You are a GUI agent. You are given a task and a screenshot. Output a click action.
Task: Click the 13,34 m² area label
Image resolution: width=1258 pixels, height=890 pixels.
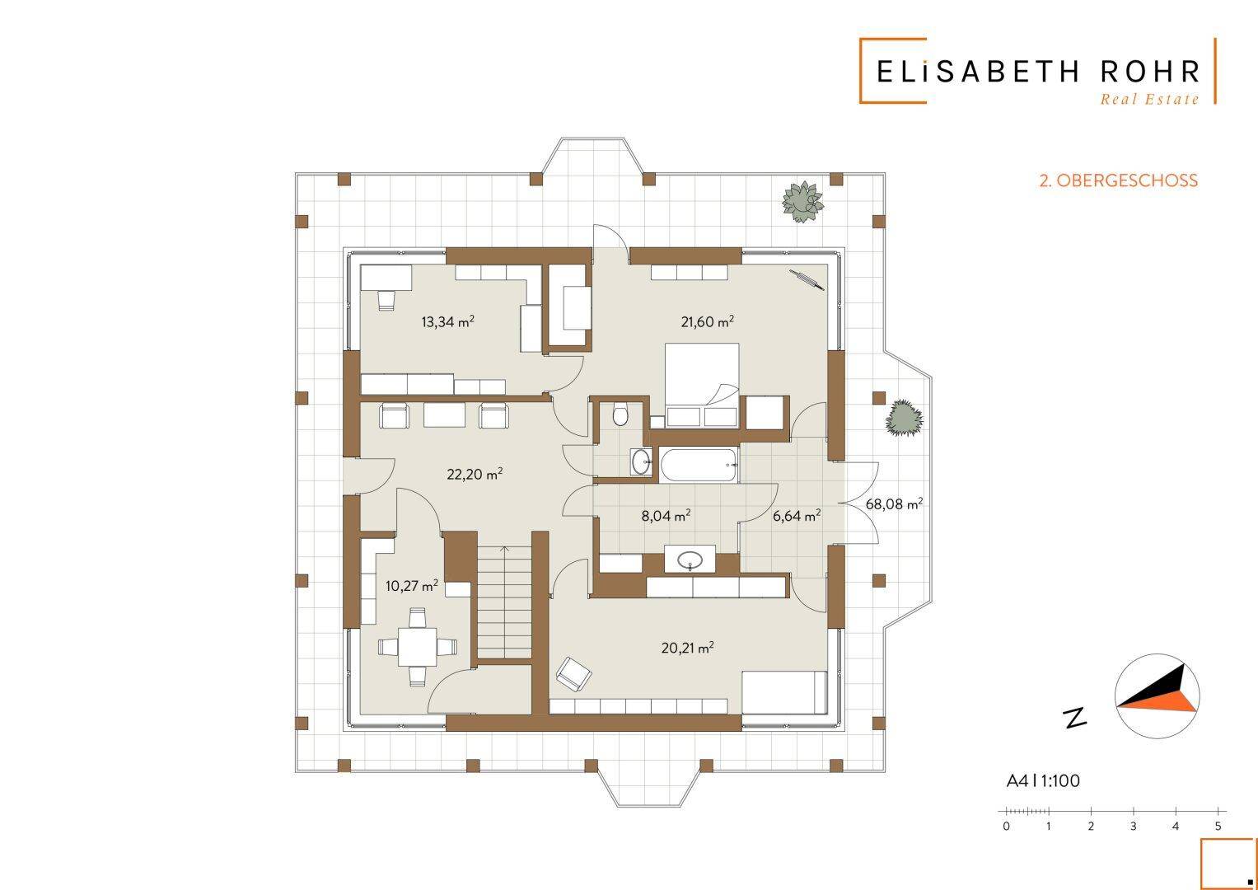point(447,321)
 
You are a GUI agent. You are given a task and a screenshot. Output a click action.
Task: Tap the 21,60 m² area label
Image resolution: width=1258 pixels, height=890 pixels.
point(707,321)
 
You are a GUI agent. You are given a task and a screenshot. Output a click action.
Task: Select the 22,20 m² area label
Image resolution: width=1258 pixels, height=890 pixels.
point(474,474)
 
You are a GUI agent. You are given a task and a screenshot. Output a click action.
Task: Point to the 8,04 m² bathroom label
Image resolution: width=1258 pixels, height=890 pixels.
point(666,515)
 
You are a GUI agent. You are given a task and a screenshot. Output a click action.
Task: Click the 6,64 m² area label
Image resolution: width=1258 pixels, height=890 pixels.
point(797,515)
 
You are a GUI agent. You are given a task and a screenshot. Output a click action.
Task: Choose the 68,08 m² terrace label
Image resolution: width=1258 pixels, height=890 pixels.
point(894,504)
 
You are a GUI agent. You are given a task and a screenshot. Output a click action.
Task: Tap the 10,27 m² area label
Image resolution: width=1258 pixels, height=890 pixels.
point(412,585)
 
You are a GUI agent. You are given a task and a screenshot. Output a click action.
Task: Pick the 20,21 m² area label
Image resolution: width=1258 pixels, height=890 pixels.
point(687,648)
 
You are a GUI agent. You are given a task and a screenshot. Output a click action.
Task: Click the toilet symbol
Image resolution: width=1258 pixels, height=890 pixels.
point(620,415)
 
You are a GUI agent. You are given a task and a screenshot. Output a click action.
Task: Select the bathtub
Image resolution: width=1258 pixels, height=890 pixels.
point(698,465)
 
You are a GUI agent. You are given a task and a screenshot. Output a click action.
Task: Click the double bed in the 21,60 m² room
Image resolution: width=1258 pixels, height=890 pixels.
point(701,385)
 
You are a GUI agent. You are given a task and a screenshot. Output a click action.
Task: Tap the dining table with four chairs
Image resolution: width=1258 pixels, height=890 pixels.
point(417,647)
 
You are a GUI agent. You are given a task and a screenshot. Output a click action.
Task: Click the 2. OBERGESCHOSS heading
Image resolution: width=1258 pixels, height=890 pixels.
point(1119,181)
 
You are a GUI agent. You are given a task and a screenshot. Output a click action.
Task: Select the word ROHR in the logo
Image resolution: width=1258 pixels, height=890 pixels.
point(1149,72)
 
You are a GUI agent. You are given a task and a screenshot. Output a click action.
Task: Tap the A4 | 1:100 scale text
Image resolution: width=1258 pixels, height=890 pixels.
point(1043,781)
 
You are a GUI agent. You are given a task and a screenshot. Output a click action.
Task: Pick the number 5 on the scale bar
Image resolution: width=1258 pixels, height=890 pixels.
point(1218,827)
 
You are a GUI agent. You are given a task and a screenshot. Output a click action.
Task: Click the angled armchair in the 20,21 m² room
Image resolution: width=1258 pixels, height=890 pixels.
point(574,674)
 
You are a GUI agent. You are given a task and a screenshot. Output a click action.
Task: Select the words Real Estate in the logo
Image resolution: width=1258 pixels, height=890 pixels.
point(1149,100)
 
